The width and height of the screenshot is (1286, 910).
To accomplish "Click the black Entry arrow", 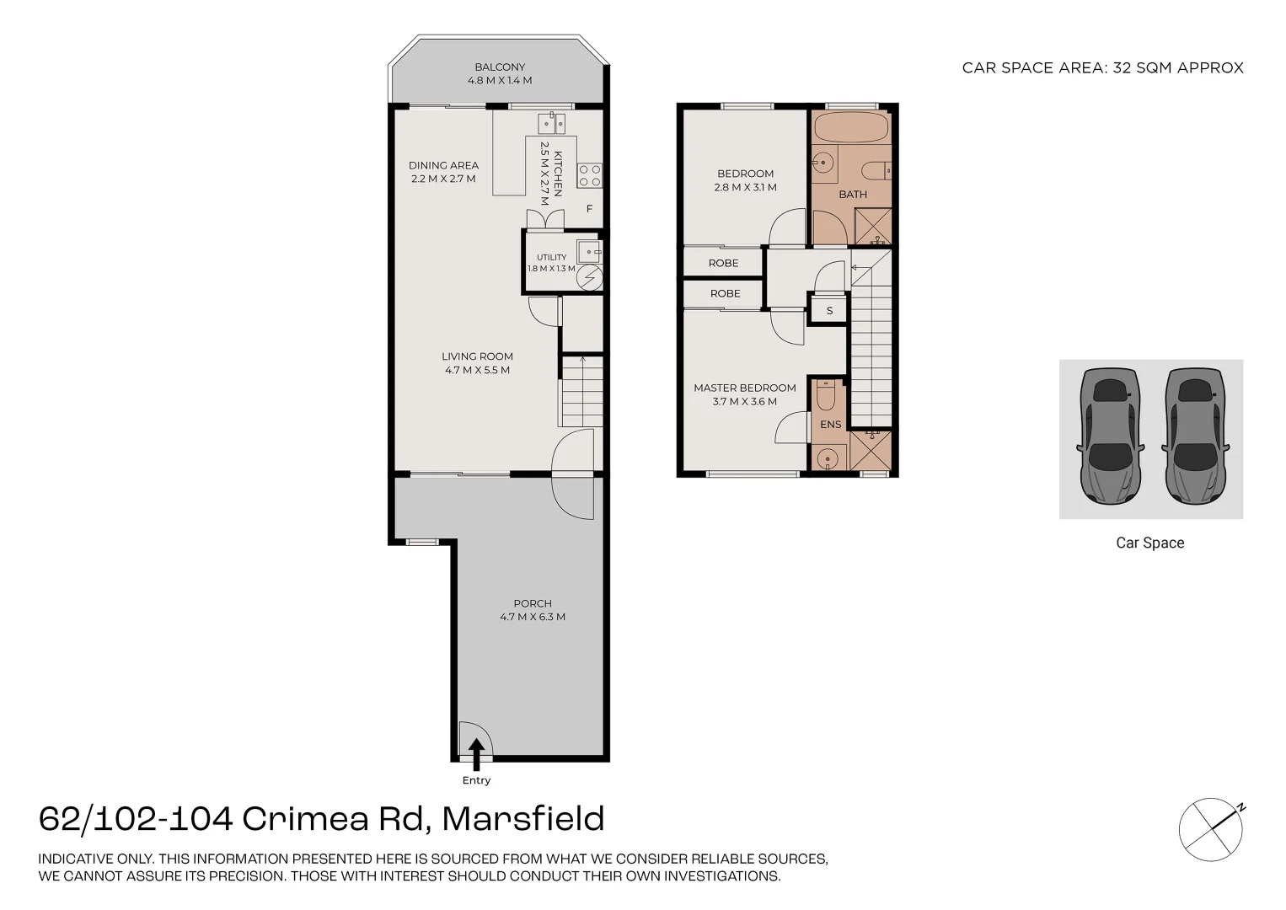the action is pos(476,754).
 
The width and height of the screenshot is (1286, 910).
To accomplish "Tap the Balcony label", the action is pos(500,67).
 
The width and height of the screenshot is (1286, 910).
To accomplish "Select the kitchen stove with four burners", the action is pos(590,176).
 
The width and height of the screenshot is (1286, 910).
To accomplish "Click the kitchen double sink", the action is pos(551,123).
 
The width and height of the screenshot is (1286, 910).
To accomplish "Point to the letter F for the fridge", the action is pos(589,209).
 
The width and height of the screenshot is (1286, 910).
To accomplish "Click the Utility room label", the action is pos(552,257).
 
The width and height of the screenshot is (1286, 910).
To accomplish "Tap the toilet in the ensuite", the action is pos(826,395).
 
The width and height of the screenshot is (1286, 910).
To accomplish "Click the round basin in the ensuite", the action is pos(828,458).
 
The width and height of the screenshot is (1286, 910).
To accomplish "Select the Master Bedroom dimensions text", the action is pos(745,401).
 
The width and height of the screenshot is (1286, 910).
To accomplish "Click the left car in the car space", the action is pos(1110,436).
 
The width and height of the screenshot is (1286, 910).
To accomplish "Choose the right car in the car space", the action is pos(1195,436).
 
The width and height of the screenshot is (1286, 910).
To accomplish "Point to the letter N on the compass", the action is pos(1240,808).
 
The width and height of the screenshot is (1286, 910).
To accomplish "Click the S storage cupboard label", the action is pos(829,311).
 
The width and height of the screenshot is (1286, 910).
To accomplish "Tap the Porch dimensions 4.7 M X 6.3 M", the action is pos(533,617).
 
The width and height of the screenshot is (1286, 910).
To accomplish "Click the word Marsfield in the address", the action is pos(523,819).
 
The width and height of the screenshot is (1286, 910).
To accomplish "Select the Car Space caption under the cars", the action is pos(1150,543).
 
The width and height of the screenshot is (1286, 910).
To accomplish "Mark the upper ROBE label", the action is pos(723,263).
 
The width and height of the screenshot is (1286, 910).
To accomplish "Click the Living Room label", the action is pos(477,356).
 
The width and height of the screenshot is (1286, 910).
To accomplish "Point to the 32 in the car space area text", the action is pos(1122,67).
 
